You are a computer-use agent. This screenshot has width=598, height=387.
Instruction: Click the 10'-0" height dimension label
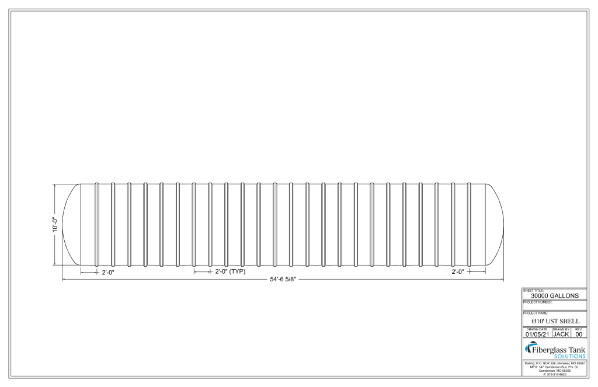[54, 225]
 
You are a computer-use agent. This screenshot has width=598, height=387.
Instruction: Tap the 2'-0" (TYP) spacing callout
[230, 272]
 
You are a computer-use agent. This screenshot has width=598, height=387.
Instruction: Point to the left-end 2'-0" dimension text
[108, 273]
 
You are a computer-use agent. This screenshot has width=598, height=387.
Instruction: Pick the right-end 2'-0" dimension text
[458, 272]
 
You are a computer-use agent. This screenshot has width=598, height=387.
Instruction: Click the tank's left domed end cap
[69, 225]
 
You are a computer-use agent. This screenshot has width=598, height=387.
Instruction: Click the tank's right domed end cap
[495, 225]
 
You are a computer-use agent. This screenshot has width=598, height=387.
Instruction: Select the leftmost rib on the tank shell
[97, 225]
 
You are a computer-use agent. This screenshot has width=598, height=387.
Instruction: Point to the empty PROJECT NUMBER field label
[537, 302]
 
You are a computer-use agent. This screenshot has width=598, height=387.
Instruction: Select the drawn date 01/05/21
[537, 334]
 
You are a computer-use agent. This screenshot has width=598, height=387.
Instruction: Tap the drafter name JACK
[561, 334]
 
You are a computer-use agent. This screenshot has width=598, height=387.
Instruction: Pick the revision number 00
[579, 334]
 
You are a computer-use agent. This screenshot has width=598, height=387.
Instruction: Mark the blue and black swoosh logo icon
[531, 349]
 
